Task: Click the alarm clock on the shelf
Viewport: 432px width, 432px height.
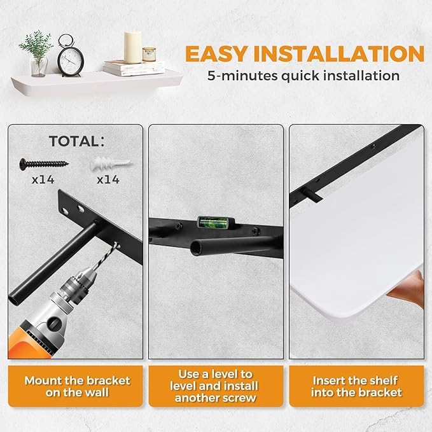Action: coord(71,56)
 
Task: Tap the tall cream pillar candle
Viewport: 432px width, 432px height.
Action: coord(132,47)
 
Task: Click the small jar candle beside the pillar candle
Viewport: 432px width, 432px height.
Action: coord(149,54)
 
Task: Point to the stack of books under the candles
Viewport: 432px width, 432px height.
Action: coord(134,68)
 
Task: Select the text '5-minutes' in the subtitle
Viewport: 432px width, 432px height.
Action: coord(242,76)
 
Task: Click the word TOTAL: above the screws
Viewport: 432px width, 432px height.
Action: coord(77,141)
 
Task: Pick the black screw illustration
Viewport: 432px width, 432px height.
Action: coord(44,164)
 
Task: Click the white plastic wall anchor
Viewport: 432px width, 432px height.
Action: coord(111,164)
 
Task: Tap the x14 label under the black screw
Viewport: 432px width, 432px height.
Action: coord(43,179)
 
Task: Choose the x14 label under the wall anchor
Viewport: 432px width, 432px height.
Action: coord(108,179)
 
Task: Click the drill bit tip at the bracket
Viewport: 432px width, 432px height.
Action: coord(117,244)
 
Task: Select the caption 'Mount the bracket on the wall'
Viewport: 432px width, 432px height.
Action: coord(77,386)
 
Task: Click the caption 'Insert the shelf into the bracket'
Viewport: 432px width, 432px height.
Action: coord(356,386)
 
